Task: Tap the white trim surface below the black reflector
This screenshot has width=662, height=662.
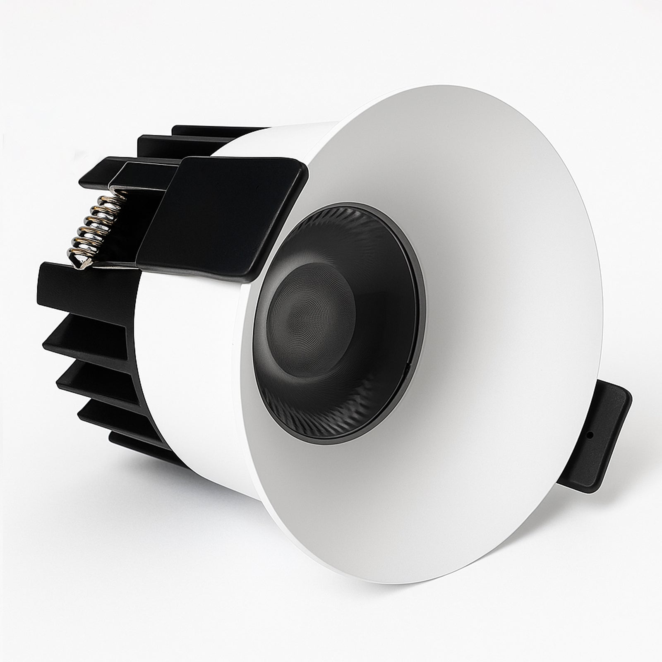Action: click(372, 496)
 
